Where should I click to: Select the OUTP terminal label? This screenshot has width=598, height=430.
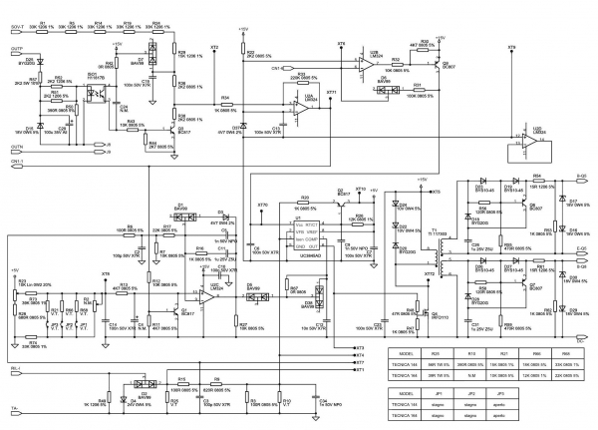click(x=16, y=48)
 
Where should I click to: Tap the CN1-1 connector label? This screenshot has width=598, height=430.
click(x=16, y=161)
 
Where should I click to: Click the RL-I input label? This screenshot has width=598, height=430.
click(x=16, y=368)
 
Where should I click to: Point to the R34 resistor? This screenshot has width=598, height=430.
click(x=225, y=104)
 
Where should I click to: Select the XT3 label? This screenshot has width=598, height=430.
click(x=360, y=347)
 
